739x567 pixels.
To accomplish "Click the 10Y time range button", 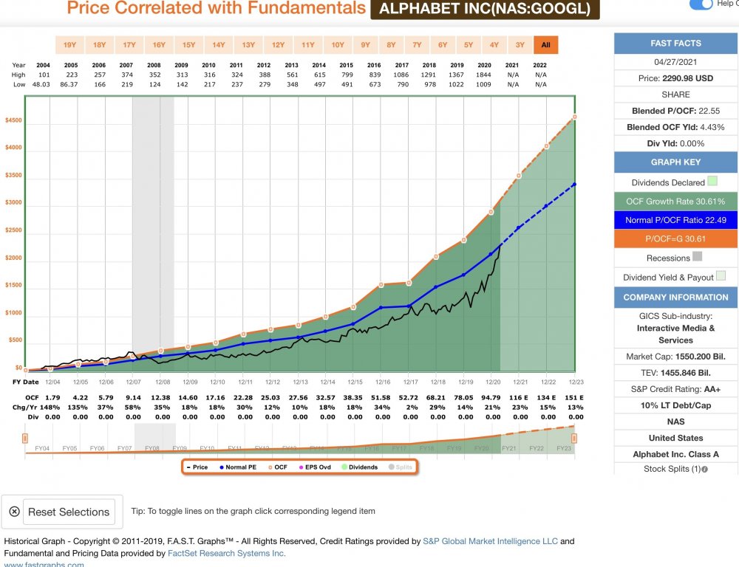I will [338, 45].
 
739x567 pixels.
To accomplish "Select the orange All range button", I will [546, 45].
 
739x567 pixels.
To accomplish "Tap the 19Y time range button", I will [69, 45].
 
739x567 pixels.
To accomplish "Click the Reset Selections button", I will [62, 512].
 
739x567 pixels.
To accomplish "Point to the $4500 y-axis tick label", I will [13, 120].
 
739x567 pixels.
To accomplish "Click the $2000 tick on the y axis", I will [13, 258].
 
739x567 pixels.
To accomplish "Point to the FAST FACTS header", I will [675, 44].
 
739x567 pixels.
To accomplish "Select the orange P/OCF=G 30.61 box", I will [675, 238].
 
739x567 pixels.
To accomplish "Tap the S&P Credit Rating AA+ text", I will [675, 389].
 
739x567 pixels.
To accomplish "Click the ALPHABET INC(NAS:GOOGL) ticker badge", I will [485, 9].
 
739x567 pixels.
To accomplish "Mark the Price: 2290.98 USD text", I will [675, 78].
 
